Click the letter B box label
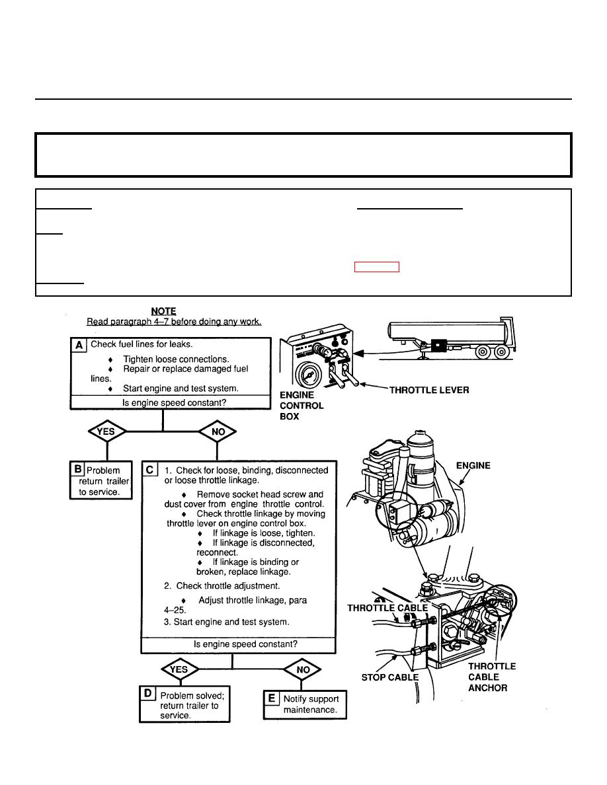[x=78, y=468]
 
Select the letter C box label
[x=151, y=469]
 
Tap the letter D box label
[x=148, y=694]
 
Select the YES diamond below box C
[x=179, y=669]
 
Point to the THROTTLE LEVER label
[x=428, y=390]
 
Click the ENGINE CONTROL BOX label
[x=302, y=406]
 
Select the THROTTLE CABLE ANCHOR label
[x=492, y=677]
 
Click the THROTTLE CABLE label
[x=387, y=608]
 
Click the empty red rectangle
[x=377, y=267]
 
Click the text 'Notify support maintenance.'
[x=311, y=704]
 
